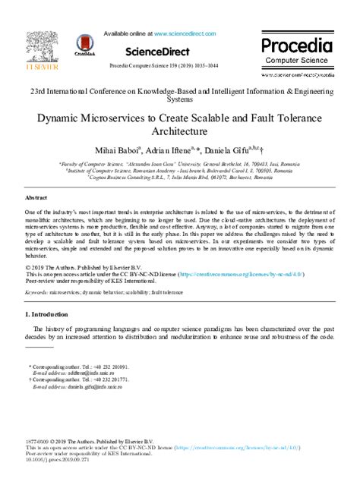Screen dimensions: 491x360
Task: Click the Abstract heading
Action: pos(36,196)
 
